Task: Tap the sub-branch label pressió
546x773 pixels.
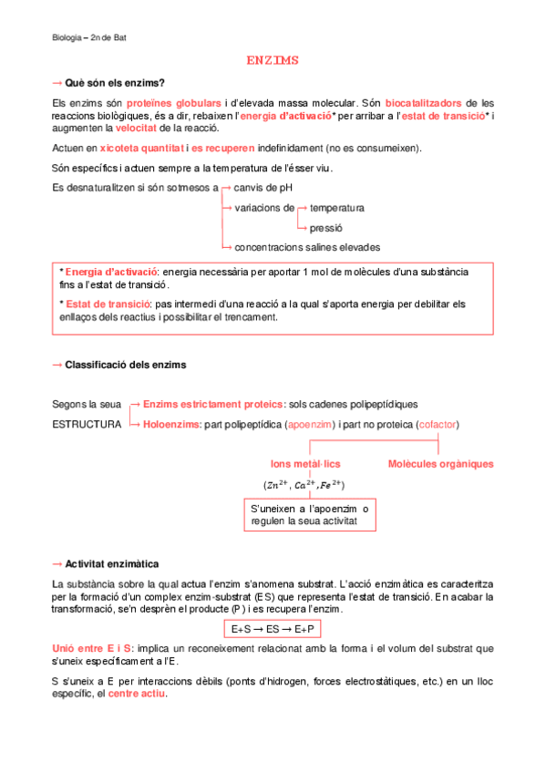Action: click(326, 227)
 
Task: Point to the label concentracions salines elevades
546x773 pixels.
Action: click(307, 247)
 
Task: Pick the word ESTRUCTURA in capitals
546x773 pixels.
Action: click(87, 425)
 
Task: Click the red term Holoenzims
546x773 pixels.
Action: click(172, 425)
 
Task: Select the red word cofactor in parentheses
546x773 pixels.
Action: click(437, 425)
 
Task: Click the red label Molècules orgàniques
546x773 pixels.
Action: click(441, 464)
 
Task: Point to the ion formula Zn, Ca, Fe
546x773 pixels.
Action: click(304, 484)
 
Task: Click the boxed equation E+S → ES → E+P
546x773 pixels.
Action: click(273, 630)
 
